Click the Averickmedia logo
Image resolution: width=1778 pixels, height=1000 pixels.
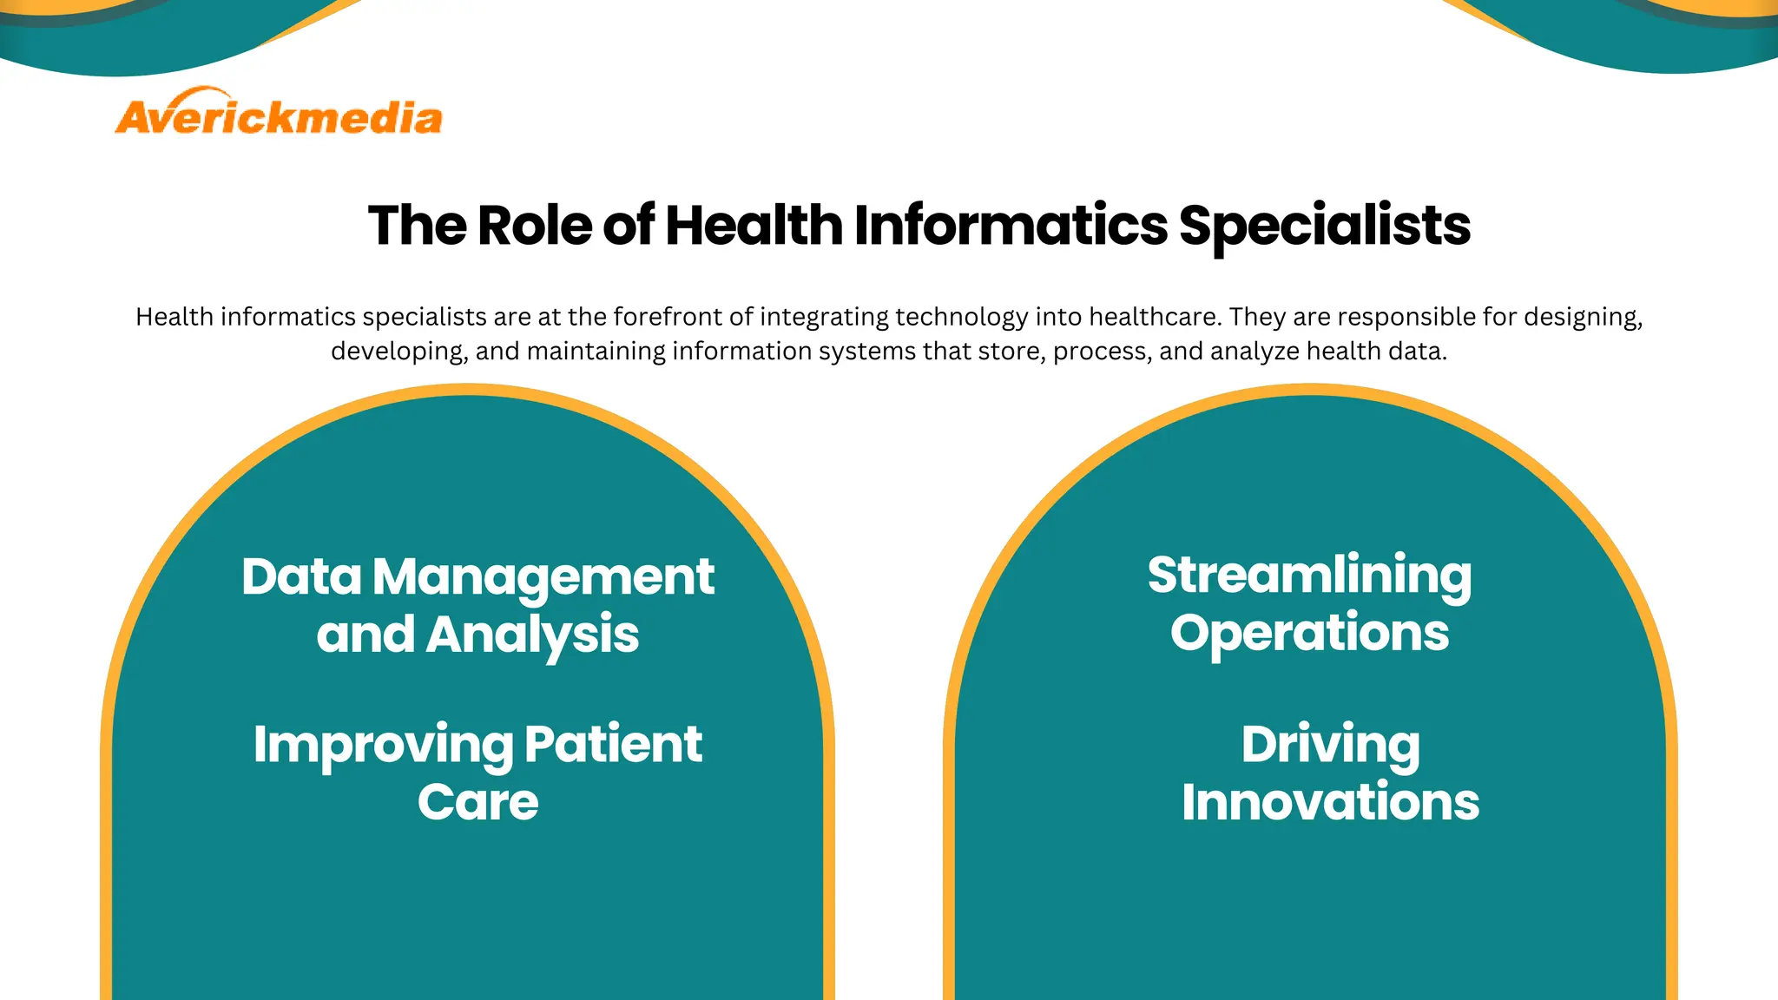pos(279,114)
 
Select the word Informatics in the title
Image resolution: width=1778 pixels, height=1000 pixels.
pos(1011,226)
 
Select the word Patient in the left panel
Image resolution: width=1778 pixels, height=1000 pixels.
pos(613,745)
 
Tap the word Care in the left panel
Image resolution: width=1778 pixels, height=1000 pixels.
pos(477,802)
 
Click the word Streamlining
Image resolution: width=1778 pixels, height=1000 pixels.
pos(1309,576)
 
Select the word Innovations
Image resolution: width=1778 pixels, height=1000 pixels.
pos(1330,802)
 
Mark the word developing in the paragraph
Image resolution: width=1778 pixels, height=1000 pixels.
pos(398,352)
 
